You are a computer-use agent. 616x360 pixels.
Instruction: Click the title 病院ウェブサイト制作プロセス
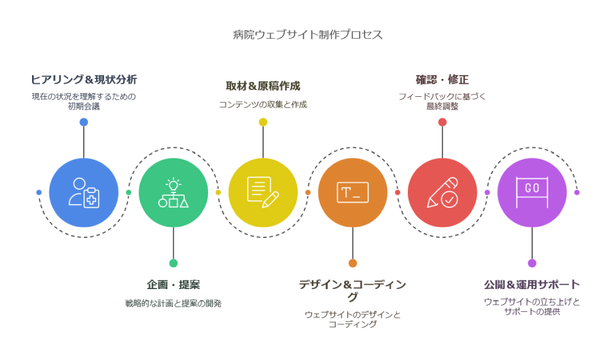pos(307,35)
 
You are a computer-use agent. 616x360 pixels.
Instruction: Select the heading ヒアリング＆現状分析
pos(84,80)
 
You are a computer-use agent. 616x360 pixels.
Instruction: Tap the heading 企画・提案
pos(173,284)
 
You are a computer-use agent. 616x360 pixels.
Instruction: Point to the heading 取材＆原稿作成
pos(263,86)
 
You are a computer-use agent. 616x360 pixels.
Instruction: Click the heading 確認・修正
pos(442,80)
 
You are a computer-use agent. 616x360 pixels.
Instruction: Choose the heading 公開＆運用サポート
pos(532,284)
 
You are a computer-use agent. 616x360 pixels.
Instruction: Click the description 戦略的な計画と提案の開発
pos(173,303)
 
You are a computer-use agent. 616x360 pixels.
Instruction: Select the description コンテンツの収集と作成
pos(263,105)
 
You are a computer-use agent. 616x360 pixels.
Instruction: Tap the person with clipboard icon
pos(84,192)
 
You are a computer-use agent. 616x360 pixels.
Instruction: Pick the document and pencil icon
pos(263,192)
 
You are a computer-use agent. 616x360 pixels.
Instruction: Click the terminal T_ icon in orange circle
pos(353,192)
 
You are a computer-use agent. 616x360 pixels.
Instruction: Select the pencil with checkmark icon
pos(442,192)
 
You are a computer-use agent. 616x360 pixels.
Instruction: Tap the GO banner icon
pos(532,192)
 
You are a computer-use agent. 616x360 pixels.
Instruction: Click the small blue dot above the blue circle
pos(84,122)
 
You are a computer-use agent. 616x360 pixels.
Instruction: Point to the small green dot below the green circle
pos(173,263)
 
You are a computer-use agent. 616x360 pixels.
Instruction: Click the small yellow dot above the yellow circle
pos(263,122)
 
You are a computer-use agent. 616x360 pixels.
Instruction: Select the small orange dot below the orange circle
pos(353,263)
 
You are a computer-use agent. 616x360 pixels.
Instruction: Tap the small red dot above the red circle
pos(442,122)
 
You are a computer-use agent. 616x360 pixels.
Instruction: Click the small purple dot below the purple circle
pos(532,263)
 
